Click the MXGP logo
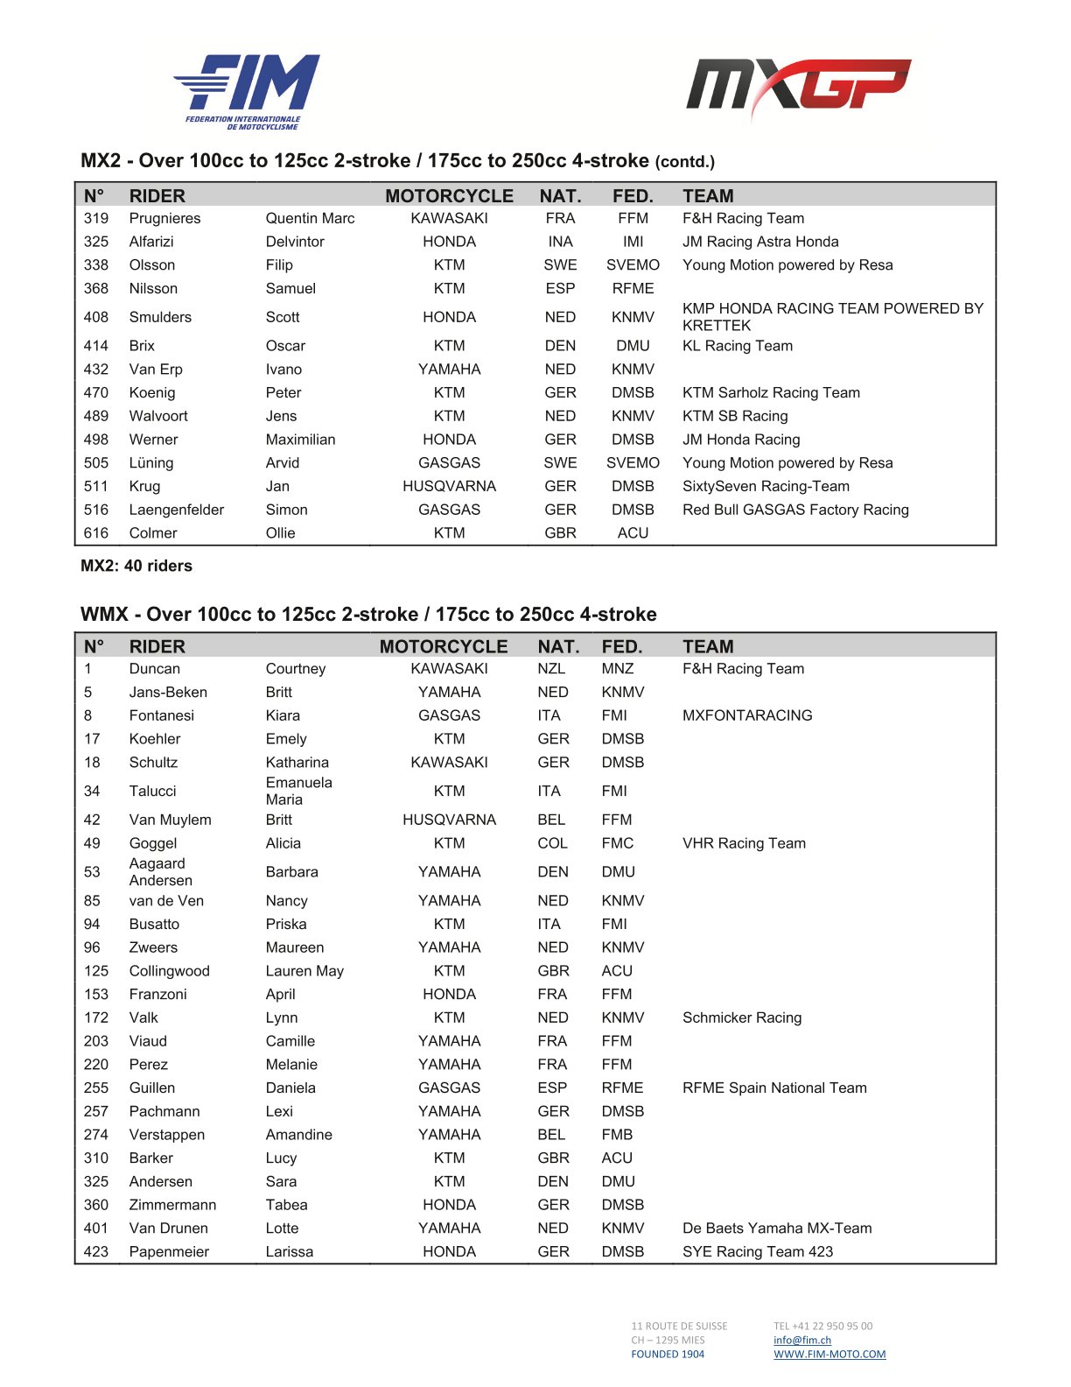coord(798,88)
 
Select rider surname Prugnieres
coord(164,218)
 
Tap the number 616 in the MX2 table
coord(96,533)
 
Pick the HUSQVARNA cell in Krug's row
coord(449,486)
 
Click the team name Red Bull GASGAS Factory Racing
coord(795,510)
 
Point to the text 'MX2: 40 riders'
coord(136,566)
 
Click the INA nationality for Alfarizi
coord(560,242)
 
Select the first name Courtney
coord(296,669)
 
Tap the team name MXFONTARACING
coord(747,715)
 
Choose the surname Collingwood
coord(169,971)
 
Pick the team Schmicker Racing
coord(742,1017)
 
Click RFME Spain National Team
coord(774,1088)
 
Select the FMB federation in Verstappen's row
coord(617,1135)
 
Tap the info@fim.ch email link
coord(802,1340)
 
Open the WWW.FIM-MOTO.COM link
coord(829,1354)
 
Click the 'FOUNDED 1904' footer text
coord(668,1354)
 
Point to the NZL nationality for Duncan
coord(551,669)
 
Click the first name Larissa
coord(290,1251)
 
